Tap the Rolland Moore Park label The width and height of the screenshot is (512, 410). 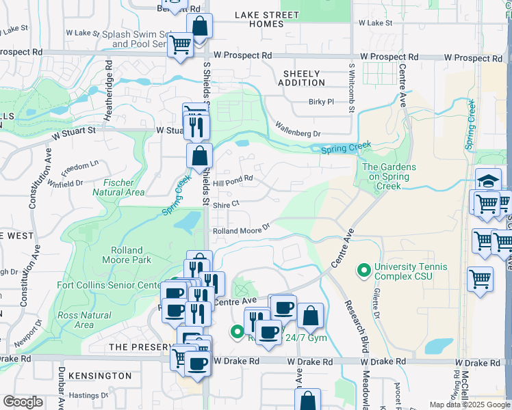[123, 255]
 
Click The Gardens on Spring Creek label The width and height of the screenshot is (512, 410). [385, 172]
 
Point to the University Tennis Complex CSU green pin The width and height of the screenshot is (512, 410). [362, 271]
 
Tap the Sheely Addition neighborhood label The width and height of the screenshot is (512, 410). [301, 79]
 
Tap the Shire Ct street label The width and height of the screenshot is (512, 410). [225, 204]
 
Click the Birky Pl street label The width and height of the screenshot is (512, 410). [320, 102]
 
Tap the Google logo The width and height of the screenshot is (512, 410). [23, 402]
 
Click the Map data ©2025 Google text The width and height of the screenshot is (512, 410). [469, 405]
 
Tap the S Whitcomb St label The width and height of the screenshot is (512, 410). [351, 89]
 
